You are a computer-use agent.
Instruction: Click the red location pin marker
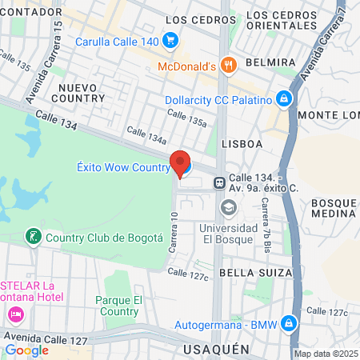[x=181, y=162]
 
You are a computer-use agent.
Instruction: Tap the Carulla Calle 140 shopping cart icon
[x=169, y=40]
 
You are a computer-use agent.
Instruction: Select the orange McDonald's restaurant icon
[x=229, y=66]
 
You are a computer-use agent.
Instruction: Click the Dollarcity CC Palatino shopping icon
[x=282, y=100]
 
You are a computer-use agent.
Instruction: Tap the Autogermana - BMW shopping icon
[x=290, y=324]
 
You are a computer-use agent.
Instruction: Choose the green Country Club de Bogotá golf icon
[x=33, y=237]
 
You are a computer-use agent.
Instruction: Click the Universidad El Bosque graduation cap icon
[x=229, y=208]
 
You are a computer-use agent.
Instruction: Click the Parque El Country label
[x=118, y=306]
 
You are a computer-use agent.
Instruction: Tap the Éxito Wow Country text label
[x=122, y=167]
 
